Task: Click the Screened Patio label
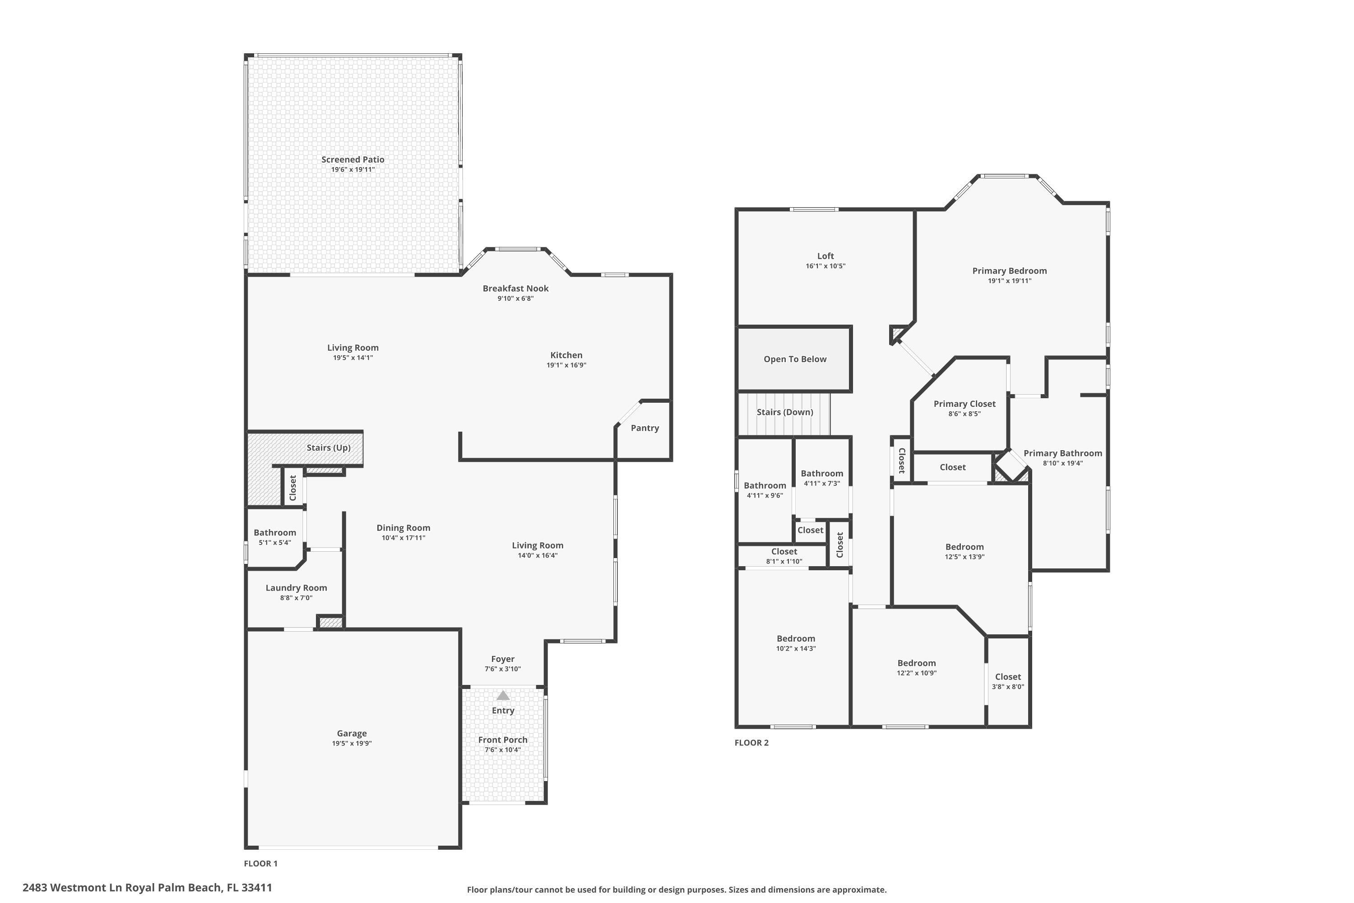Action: pos(352,159)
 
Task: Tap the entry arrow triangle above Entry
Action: pos(503,696)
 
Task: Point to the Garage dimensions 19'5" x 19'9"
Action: pos(351,744)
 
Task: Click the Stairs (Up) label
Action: pos(328,447)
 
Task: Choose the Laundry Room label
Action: pos(296,588)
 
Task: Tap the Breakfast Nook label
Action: pos(515,289)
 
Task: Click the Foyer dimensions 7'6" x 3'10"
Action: pos(503,669)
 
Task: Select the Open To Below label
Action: pos(794,359)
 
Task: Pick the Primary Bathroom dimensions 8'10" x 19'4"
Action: pos(1063,463)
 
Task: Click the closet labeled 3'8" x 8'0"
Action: pos(1007,677)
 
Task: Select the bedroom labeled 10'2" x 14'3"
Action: pos(796,639)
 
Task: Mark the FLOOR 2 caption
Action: pos(751,743)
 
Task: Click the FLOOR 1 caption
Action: pos(260,863)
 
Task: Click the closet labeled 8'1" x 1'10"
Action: pos(784,552)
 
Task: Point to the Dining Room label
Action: pos(403,528)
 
